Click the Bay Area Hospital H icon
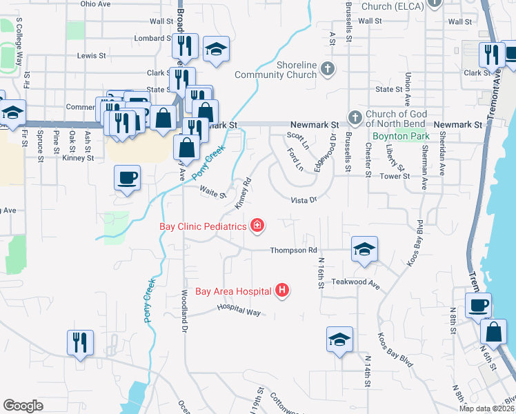tap(281, 291)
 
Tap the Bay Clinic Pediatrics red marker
tap(257, 225)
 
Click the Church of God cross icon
tap(355, 117)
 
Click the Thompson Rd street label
tap(293, 250)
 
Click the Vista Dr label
tap(304, 199)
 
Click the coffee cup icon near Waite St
tap(127, 178)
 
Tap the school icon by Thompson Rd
tap(364, 248)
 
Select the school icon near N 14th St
tap(339, 339)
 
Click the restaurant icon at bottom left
tap(80, 342)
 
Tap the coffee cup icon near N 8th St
tap(478, 304)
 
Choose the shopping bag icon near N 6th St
tap(495, 331)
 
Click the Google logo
tap(23, 406)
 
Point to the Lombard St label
tap(152, 38)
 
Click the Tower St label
tap(397, 176)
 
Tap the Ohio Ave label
tap(95, 3)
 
